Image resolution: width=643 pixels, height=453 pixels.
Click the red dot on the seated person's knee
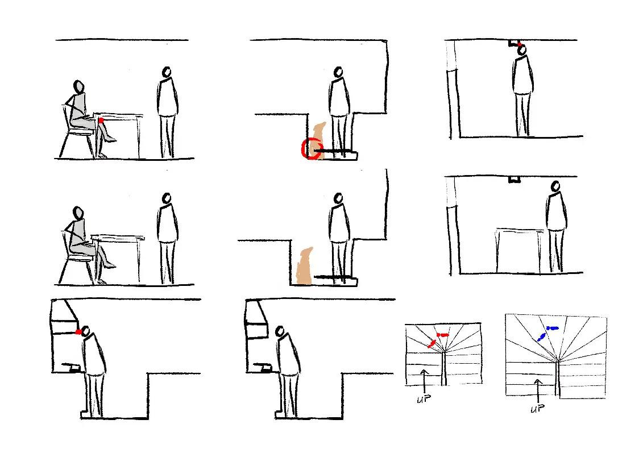(101, 120)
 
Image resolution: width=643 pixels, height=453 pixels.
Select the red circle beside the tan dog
(311, 149)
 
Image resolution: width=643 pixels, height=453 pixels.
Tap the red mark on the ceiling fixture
(518, 44)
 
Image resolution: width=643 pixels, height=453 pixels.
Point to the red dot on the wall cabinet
(78, 332)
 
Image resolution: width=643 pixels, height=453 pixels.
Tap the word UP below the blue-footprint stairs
(536, 409)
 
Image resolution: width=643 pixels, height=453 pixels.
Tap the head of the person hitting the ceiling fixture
(522, 51)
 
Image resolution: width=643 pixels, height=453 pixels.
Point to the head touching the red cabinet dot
(86, 331)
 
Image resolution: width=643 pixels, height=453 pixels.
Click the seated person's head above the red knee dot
(78, 87)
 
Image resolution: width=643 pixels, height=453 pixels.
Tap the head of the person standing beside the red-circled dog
(338, 72)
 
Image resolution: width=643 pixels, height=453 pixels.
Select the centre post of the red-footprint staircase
(444, 367)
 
